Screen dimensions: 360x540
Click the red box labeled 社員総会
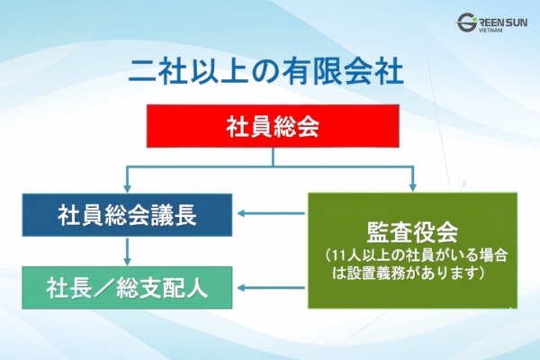coord(272,127)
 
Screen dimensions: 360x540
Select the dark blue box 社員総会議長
coord(127,216)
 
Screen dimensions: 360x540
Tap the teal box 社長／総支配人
coord(127,288)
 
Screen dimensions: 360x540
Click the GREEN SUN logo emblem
coord(467,24)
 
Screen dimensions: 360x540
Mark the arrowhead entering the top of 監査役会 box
coord(413,186)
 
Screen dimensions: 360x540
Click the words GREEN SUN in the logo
coord(498,21)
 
